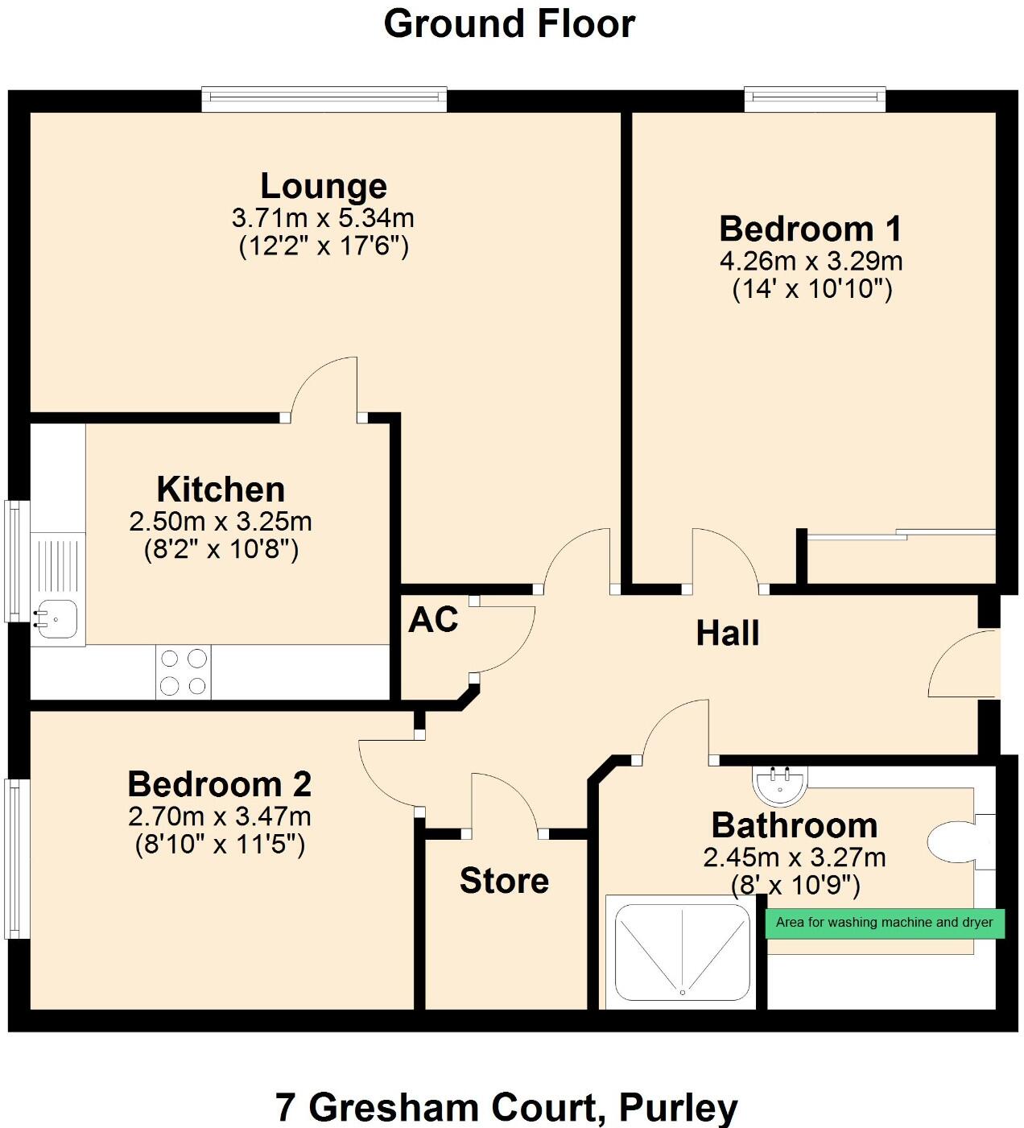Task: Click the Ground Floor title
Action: (x=510, y=24)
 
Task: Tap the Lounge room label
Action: (x=324, y=186)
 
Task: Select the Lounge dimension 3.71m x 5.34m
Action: (x=323, y=217)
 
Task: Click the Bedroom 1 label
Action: (x=811, y=229)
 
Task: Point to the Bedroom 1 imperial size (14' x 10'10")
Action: (x=812, y=288)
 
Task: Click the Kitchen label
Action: (x=221, y=490)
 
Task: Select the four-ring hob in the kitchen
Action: (x=184, y=672)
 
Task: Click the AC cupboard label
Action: (x=433, y=620)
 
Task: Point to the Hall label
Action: (x=728, y=634)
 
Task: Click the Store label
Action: (x=504, y=881)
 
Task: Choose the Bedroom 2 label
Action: (x=220, y=784)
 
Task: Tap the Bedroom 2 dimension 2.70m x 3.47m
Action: (x=220, y=816)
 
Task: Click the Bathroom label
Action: (x=795, y=826)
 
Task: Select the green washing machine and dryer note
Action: (x=884, y=923)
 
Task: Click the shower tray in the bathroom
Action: (x=682, y=952)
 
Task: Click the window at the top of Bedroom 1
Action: (x=815, y=98)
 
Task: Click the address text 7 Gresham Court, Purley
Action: (x=506, y=1108)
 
